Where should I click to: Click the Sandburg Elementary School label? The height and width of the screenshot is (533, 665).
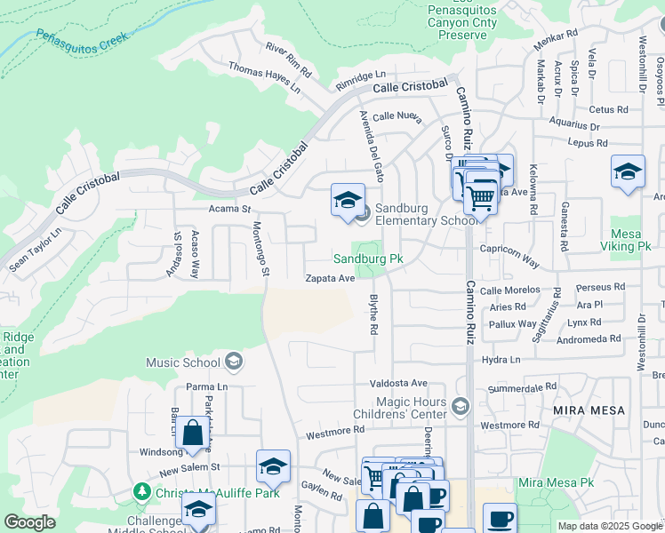(x=426, y=214)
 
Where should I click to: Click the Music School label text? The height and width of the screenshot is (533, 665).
(x=182, y=362)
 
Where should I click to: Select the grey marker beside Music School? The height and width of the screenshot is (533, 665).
(x=233, y=361)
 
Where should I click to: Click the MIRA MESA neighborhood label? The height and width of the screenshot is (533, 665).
(x=589, y=410)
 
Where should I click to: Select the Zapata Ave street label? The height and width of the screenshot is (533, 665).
(x=330, y=278)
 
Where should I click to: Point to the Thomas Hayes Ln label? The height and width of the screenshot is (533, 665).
(x=264, y=77)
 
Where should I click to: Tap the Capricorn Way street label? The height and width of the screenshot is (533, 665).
(x=509, y=257)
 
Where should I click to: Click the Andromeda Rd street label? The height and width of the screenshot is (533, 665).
(x=589, y=339)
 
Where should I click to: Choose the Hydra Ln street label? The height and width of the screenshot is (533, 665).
(x=501, y=360)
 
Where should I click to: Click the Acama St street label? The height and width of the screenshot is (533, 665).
(x=230, y=209)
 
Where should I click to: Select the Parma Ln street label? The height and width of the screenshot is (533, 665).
(x=208, y=387)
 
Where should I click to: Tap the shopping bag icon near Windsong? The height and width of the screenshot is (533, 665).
(x=192, y=434)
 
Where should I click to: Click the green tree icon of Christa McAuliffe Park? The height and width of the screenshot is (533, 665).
(x=140, y=491)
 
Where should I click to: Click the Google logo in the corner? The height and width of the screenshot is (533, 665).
(x=30, y=522)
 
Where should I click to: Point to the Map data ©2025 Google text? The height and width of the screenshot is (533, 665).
(x=609, y=526)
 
